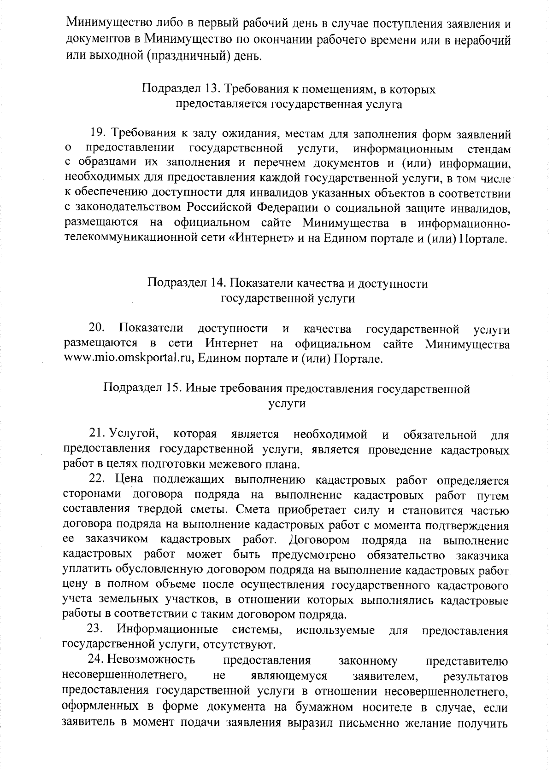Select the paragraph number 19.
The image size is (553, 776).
point(99,134)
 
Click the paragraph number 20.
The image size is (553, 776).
point(97,329)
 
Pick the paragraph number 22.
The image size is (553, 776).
point(98,480)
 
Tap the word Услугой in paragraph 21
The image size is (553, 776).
point(134,434)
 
